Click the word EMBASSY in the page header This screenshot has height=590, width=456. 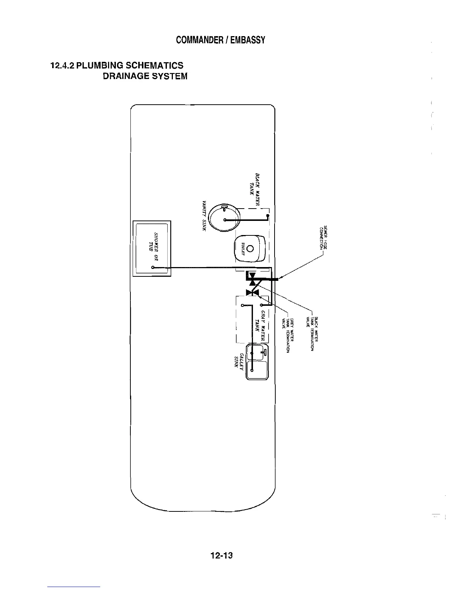coord(247,40)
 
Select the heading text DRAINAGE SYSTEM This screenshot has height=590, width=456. coord(145,76)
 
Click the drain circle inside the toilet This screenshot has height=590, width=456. coord(250,248)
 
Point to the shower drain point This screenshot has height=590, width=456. coord(153,267)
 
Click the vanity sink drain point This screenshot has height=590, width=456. coord(225,220)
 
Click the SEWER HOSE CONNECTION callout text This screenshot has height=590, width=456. coord(323,238)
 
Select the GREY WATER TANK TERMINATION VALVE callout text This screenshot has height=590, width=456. coord(288,335)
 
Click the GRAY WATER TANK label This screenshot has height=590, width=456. coord(260,324)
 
